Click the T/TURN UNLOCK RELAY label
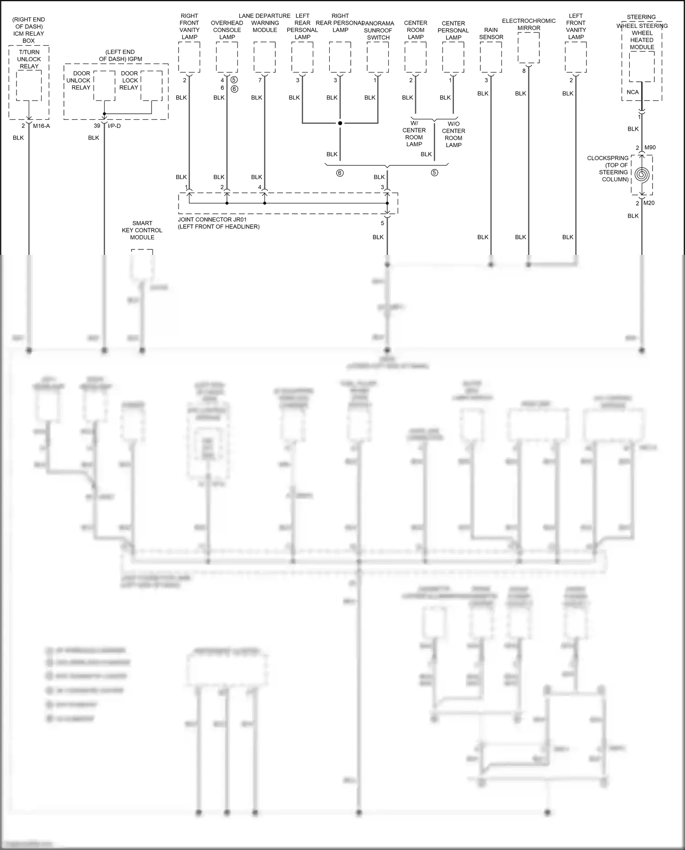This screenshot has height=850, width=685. tap(29, 59)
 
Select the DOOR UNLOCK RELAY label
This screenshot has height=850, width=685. tap(81, 80)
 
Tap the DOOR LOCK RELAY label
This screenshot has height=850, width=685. tap(129, 80)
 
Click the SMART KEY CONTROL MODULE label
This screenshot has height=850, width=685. tap(142, 230)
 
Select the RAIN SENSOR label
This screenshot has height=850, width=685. tap(491, 33)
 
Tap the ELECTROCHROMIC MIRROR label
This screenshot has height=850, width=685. tap(529, 24)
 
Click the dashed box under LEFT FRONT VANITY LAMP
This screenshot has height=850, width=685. tap(575, 57)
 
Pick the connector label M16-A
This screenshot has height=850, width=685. tap(41, 126)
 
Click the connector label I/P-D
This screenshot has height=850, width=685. tap(114, 126)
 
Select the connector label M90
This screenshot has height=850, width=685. tap(650, 148)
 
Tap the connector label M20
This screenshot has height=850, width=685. tap(649, 203)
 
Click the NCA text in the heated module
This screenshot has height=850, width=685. tap(632, 92)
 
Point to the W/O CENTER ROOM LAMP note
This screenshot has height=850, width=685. tap(453, 134)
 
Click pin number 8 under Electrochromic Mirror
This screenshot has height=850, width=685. tap(524, 71)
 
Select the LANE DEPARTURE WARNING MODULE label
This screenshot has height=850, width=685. tap(264, 23)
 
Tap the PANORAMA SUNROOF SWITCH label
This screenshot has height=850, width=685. tap(378, 30)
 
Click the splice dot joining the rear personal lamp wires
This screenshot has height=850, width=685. tap(340, 123)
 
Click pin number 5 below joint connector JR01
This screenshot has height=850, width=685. tap(383, 223)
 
